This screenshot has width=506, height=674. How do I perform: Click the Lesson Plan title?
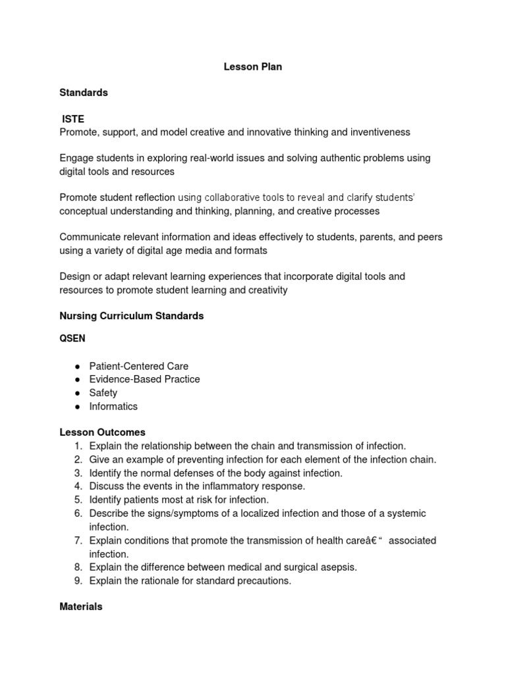click(252, 66)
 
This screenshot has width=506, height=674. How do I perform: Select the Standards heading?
click(84, 93)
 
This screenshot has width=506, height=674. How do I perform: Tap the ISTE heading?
click(73, 119)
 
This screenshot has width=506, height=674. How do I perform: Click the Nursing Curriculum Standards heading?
click(132, 316)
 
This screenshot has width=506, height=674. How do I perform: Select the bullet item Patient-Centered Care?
click(139, 366)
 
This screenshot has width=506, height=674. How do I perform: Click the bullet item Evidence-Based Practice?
click(144, 379)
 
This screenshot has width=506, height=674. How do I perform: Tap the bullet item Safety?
click(103, 393)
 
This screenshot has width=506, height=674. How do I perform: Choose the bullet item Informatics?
click(113, 406)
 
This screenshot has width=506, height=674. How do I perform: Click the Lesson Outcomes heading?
click(102, 432)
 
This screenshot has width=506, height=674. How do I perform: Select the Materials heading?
click(81, 607)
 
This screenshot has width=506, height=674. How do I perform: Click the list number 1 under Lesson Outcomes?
click(77, 446)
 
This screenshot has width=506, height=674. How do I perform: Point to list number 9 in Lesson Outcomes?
click(77, 581)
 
